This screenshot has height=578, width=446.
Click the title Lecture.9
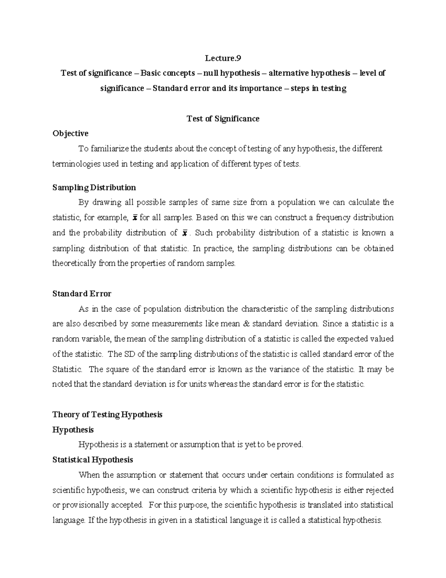click(x=223, y=58)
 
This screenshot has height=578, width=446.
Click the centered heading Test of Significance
click(x=223, y=119)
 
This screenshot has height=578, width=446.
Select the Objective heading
click(x=70, y=133)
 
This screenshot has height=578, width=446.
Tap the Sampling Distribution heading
click(x=94, y=187)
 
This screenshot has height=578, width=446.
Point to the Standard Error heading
click(x=82, y=294)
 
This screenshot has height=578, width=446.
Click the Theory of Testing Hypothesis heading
click(x=107, y=415)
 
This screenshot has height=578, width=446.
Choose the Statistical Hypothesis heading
click(x=93, y=460)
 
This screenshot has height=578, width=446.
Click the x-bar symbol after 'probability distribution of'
click(x=184, y=233)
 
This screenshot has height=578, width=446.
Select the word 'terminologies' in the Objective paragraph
click(x=76, y=164)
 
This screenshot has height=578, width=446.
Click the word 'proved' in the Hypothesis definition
click(x=293, y=445)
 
